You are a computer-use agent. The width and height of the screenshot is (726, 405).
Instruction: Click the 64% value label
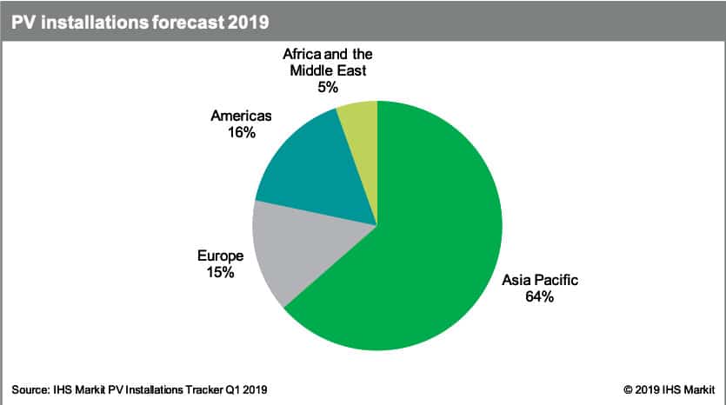coord(540,296)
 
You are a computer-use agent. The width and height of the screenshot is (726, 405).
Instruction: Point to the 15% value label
coord(221,274)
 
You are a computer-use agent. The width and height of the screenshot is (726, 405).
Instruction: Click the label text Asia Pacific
coord(540,280)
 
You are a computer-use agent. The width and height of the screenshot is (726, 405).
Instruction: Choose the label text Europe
coord(221,257)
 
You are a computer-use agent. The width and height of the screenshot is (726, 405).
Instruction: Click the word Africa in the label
coord(302,54)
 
